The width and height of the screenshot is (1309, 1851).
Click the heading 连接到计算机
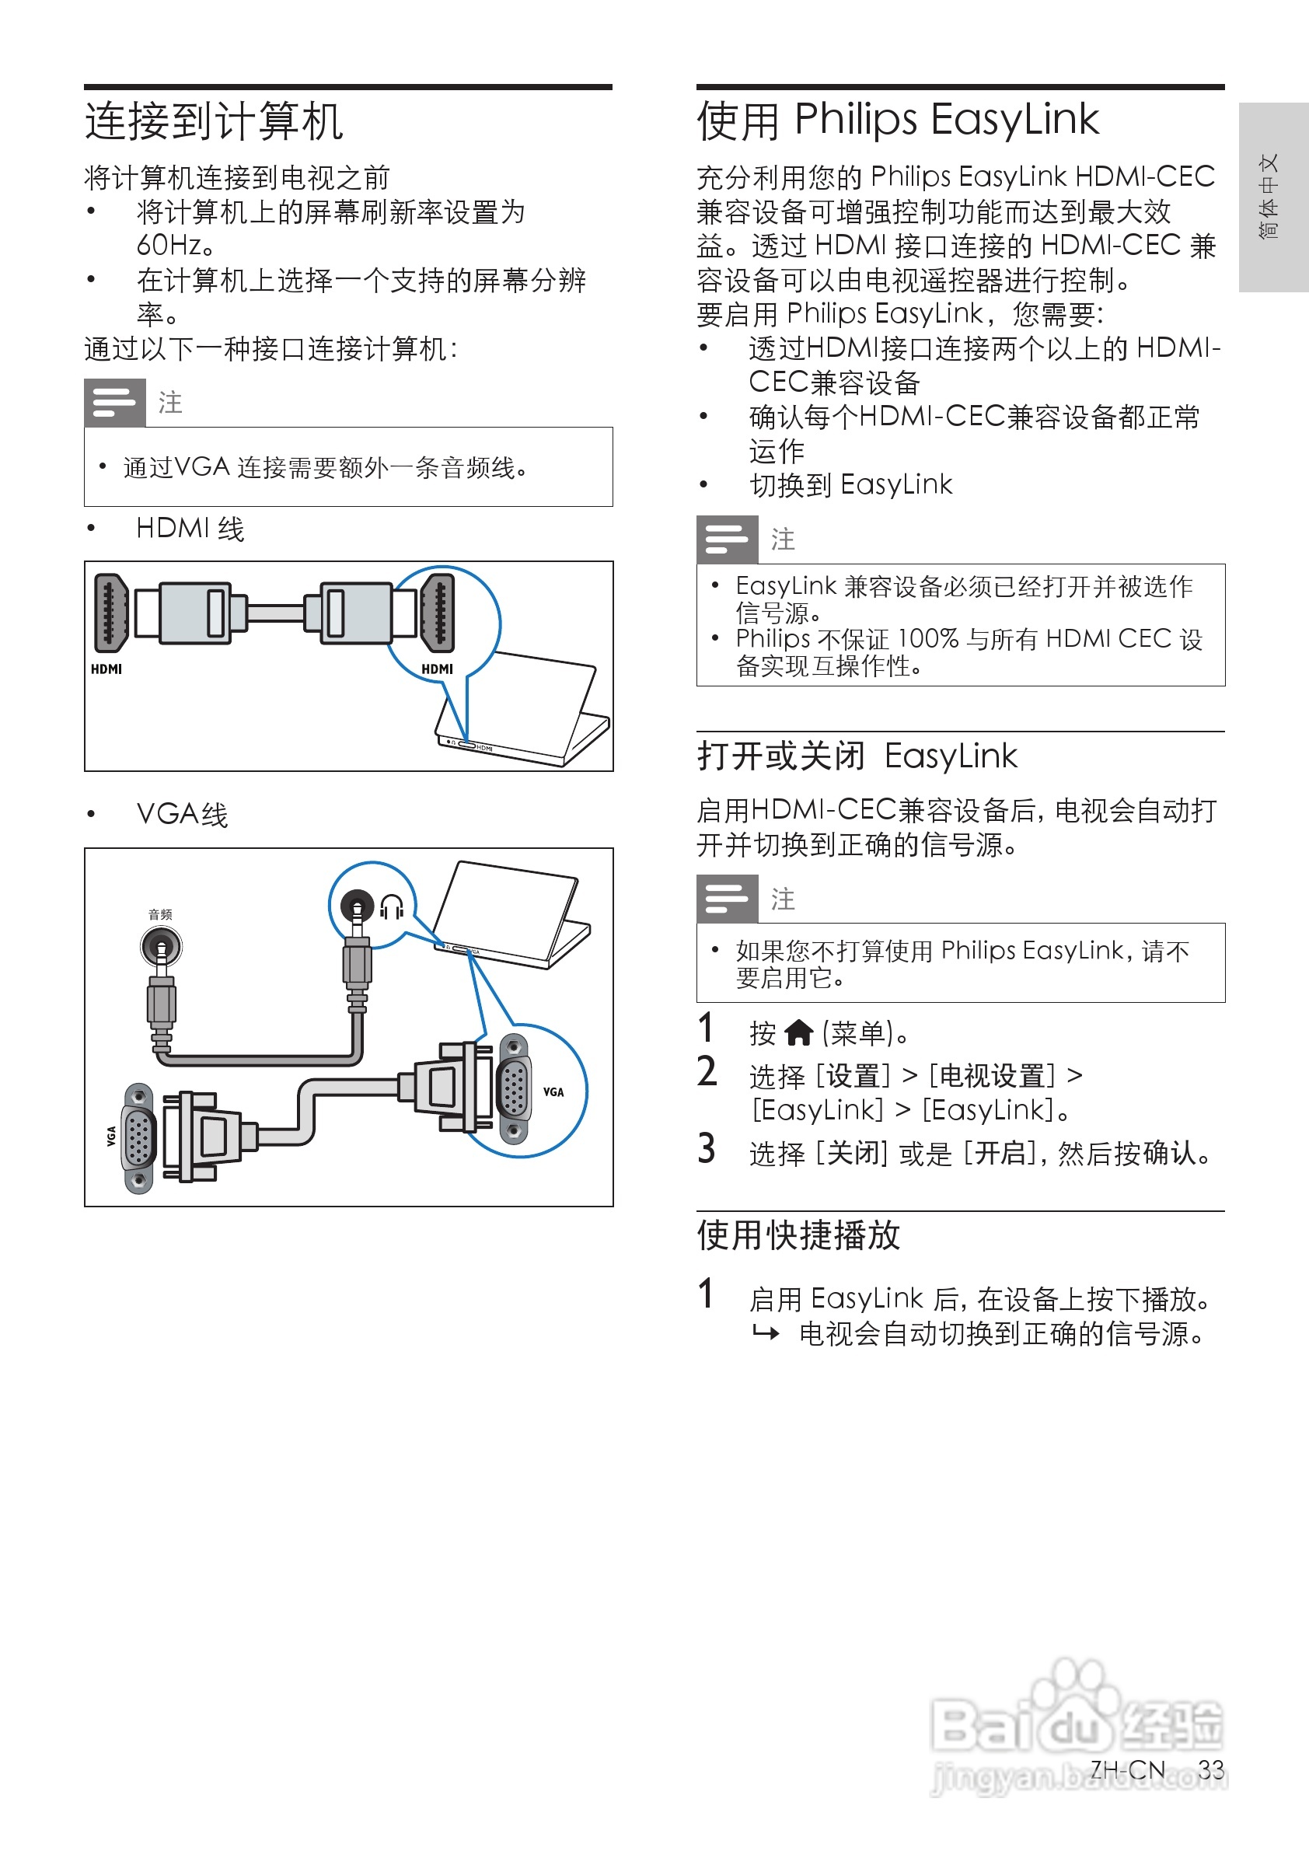(214, 122)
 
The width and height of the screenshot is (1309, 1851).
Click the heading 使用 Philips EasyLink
(897, 120)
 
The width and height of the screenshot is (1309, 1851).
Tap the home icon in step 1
(799, 1031)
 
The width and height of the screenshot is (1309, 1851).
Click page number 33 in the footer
(1210, 1769)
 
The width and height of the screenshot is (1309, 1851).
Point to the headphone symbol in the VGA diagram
(392, 907)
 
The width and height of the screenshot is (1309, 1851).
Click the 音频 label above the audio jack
(160, 914)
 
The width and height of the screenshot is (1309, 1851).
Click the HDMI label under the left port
(106, 669)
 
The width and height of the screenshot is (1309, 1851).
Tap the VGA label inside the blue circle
(553, 1092)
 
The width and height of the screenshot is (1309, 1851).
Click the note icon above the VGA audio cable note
(114, 402)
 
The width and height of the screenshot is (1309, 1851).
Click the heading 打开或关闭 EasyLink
(857, 756)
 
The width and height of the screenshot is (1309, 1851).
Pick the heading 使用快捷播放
(798, 1235)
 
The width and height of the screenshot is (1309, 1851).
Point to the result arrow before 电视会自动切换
(766, 1333)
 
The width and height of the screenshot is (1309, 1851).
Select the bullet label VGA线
(182, 814)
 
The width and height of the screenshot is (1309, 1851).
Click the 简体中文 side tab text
(1269, 196)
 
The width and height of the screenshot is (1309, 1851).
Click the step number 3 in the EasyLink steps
(707, 1149)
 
